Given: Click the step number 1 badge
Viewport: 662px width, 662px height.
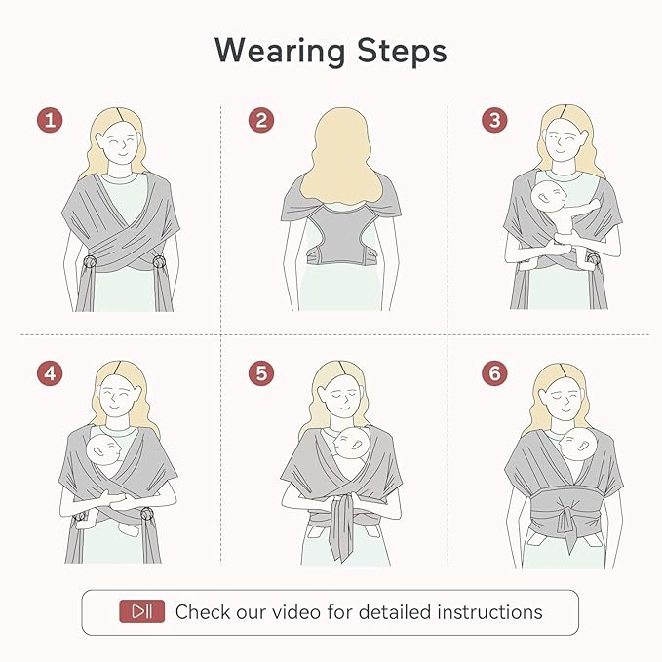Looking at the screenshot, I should pyautogui.click(x=51, y=121).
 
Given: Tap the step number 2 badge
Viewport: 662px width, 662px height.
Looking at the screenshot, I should pyautogui.click(x=259, y=121).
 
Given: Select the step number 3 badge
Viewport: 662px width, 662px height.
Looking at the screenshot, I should pyautogui.click(x=494, y=121).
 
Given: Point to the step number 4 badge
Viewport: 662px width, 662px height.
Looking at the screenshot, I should pyautogui.click(x=51, y=372).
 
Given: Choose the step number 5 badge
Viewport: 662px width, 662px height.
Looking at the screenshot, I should pyautogui.click(x=259, y=372).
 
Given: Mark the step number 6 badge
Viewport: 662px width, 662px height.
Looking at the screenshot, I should pyautogui.click(x=494, y=372).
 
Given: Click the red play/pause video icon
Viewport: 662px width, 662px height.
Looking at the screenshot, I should pyautogui.click(x=142, y=612).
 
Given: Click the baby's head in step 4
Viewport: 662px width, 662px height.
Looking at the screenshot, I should pyautogui.click(x=104, y=450).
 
